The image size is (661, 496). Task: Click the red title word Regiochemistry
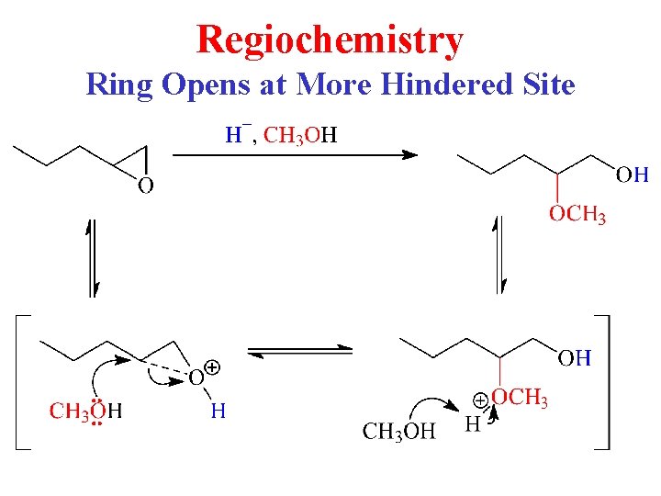click(330, 40)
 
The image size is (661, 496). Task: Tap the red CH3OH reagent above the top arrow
click(300, 137)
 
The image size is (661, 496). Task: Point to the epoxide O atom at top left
click(145, 186)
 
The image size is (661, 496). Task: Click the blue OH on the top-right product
click(633, 175)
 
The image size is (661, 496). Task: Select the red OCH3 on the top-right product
click(577, 216)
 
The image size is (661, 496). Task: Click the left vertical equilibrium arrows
click(92, 258)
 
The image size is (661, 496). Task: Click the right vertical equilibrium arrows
click(500, 254)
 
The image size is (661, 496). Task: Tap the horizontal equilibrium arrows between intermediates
click(301, 350)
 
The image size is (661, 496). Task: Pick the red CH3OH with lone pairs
click(85, 411)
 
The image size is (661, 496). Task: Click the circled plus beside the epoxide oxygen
click(212, 367)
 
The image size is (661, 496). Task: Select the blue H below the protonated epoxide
click(218, 411)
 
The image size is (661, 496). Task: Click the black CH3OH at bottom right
click(399, 431)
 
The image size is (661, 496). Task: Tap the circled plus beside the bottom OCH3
click(479, 400)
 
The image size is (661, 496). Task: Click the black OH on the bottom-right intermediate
click(575, 358)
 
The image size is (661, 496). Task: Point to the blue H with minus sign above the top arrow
click(234, 136)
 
